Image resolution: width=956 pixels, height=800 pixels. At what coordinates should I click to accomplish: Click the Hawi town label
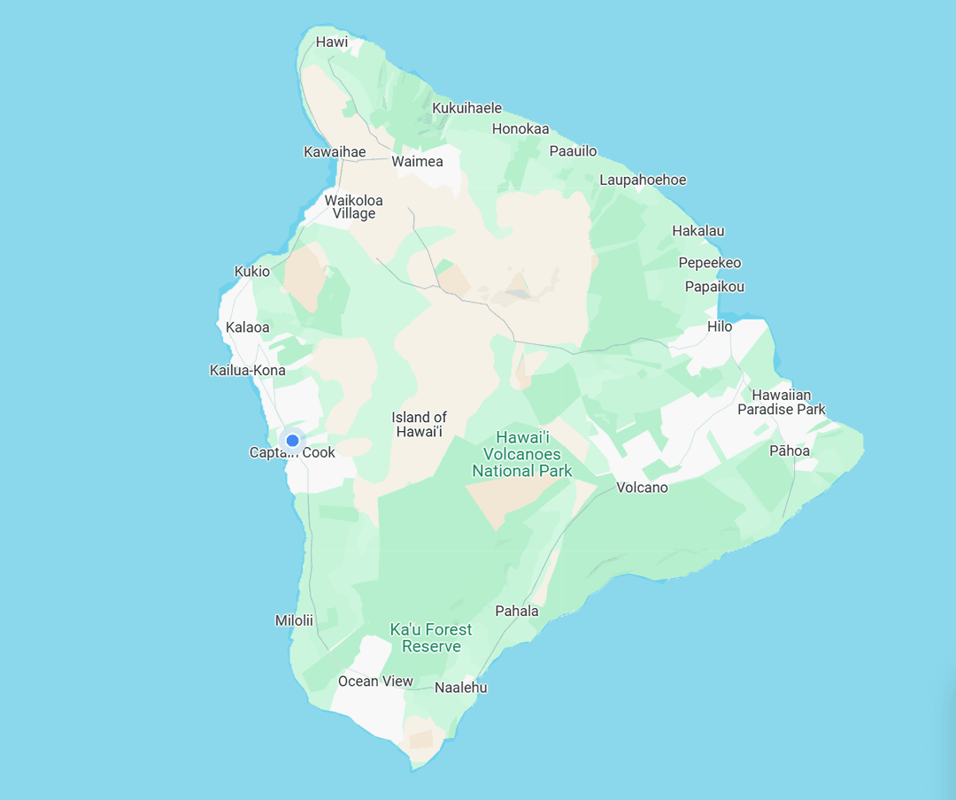[x=332, y=42]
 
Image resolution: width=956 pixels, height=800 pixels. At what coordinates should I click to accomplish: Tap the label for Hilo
[x=720, y=327]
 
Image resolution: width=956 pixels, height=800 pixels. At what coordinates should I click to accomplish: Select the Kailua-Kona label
[x=248, y=370]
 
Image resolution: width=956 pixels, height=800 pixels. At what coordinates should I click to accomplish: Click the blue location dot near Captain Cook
[x=292, y=440]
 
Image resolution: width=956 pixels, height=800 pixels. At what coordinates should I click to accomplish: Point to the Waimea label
[x=417, y=162]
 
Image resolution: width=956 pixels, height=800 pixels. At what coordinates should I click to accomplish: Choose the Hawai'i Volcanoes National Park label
[x=522, y=454]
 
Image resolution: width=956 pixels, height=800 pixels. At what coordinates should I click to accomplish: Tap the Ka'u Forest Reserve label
[x=431, y=637]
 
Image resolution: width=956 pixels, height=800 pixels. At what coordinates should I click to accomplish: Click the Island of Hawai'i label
[x=420, y=424]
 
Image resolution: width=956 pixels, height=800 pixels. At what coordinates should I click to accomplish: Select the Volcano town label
[x=642, y=488]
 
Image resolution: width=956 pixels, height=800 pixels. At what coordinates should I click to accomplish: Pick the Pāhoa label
[x=789, y=450]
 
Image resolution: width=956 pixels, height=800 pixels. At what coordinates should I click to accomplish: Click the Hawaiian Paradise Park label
[x=782, y=402]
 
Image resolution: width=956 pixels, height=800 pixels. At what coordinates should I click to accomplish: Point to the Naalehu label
[x=461, y=688]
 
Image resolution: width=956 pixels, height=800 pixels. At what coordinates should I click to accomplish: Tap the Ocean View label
[x=375, y=681]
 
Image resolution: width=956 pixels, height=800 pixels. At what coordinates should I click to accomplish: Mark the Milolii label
[x=294, y=620]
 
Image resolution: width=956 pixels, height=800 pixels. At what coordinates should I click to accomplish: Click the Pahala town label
[x=517, y=611]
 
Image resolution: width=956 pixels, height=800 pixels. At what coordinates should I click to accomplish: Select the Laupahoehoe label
[x=643, y=180]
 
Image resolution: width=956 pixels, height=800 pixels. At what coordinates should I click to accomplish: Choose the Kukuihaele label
[x=466, y=108]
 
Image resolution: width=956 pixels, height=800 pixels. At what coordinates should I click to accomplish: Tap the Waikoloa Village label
[x=354, y=206]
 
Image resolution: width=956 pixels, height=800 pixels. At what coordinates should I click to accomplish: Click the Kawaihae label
[x=335, y=152]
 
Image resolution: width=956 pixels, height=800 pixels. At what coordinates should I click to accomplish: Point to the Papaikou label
[x=714, y=287]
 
